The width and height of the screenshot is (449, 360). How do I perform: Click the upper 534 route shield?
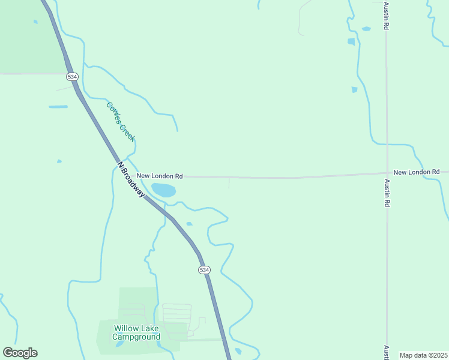(x=72, y=77)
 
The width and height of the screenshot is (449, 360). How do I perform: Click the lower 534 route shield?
(x=205, y=270)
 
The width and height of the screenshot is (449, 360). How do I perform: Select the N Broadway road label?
(x=131, y=179)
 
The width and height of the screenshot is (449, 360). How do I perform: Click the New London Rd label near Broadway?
(x=160, y=176)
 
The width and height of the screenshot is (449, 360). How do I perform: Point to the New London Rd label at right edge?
(x=417, y=172)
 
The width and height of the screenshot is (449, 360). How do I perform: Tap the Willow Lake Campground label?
(x=137, y=332)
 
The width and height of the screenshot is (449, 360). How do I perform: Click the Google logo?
(x=20, y=353)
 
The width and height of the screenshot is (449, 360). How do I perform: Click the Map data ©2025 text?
(x=423, y=355)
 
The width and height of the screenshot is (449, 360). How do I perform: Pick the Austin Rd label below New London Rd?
(x=388, y=195)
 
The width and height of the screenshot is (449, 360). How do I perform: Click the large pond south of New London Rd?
(x=164, y=191)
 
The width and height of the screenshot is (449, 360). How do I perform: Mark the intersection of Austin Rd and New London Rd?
(x=387, y=173)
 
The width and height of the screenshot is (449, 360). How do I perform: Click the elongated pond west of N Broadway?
(x=58, y=107)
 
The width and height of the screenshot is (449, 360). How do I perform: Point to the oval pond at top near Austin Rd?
(x=366, y=28)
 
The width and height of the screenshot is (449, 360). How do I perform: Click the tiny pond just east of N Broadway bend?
(x=189, y=224)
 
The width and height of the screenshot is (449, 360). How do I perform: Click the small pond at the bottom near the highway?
(x=238, y=351)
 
